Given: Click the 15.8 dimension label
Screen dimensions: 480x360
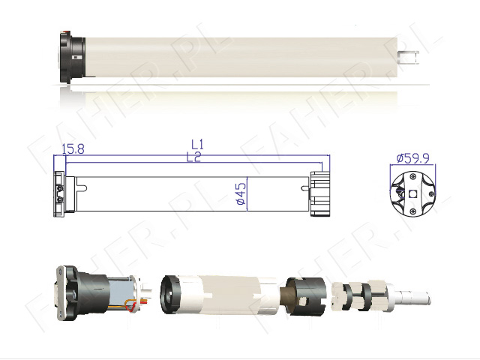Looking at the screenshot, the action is (73, 149).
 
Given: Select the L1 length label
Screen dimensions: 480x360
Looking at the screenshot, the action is (197, 144).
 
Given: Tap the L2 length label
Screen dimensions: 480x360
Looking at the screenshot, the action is (193, 157).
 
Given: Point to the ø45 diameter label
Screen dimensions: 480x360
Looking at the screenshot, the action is (241, 193).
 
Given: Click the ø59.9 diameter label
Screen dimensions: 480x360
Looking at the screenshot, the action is (413, 158).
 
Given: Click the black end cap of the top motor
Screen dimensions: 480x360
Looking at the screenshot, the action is (72, 57).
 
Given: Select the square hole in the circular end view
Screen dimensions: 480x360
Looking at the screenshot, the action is (413, 194).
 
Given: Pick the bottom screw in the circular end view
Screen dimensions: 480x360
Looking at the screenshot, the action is (413, 211).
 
